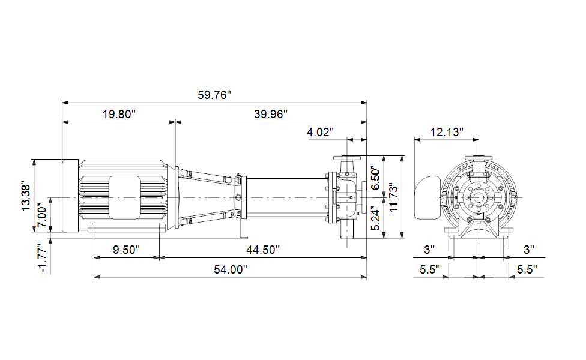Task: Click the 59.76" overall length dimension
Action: tap(214, 95)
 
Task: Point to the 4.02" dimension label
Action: tap(320, 132)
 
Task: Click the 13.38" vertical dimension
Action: tap(26, 196)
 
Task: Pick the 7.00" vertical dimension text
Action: tap(42, 214)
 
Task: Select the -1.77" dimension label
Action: tap(42, 259)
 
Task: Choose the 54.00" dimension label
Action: tap(231, 269)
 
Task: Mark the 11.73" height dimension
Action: tap(393, 197)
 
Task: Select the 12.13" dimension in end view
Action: tap(446, 132)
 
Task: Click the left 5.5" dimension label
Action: tap(430, 269)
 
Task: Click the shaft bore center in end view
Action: tap(479, 197)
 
